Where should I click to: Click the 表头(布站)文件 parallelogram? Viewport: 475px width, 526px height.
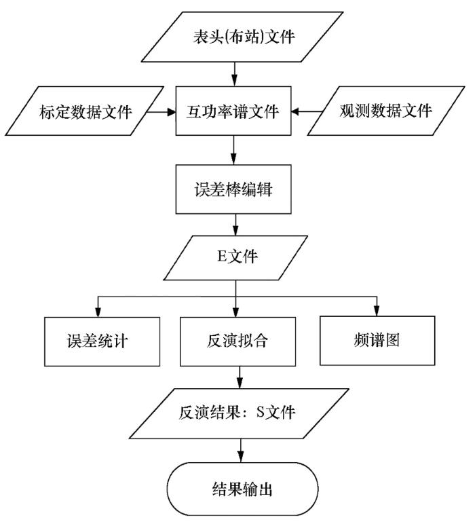click(242, 37)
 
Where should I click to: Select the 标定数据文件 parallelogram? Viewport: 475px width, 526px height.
click(85, 111)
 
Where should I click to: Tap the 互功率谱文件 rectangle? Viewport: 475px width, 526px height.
click(233, 111)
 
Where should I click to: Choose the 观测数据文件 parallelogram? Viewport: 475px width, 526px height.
click(386, 111)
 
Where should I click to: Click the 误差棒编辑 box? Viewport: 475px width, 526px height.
click(233, 189)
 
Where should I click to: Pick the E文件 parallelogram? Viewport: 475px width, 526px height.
click(235, 258)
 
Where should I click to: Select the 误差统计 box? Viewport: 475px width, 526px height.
click(102, 341)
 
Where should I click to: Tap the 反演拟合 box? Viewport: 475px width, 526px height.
click(237, 341)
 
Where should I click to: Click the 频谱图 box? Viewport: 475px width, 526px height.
click(377, 341)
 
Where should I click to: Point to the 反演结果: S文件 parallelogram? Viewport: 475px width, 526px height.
click(239, 413)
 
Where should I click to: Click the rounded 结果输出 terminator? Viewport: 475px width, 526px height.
click(242, 489)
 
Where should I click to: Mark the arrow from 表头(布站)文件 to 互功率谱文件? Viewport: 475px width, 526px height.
click(234, 74)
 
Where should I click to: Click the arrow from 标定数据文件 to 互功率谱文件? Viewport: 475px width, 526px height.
click(161, 112)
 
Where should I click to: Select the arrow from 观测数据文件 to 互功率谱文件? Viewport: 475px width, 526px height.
click(307, 112)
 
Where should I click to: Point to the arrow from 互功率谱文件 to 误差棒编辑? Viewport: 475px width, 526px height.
click(234, 150)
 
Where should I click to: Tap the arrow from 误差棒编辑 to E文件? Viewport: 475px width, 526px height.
click(235, 225)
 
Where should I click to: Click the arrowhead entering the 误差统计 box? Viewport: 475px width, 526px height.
click(98, 312)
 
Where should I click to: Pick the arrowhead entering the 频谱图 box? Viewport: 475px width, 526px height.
click(377, 311)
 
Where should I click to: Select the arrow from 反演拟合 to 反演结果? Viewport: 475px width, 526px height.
click(240, 377)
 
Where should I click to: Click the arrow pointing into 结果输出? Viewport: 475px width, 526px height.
click(240, 451)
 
